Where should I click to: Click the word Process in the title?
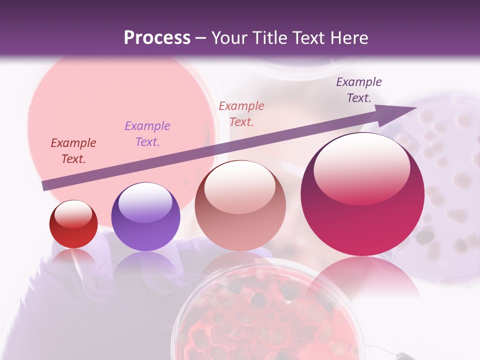tap(157, 38)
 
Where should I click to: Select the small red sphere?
tap(73, 224)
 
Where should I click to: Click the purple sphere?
tap(145, 217)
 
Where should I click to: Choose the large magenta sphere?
tap(362, 195)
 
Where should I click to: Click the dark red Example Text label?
tap(73, 151)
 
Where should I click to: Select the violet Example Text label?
tap(147, 134)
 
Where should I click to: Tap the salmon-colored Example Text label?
tap(241, 114)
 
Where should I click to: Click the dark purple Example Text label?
tap(358, 90)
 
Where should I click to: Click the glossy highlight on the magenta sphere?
tap(361, 168)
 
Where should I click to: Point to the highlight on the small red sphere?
tap(73, 214)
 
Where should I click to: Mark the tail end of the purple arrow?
tap(44, 185)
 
